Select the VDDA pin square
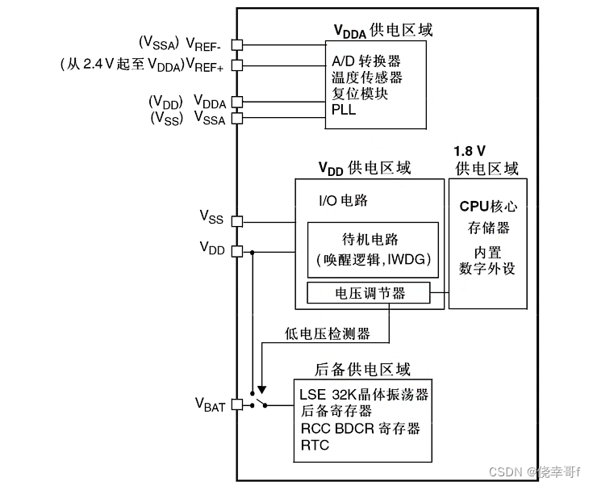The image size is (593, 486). click(236, 102)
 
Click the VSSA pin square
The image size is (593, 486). click(236, 119)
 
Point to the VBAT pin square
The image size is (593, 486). click(236, 404)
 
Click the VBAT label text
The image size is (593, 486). click(211, 404)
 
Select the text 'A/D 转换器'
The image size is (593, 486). click(365, 61)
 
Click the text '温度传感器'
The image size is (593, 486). click(366, 78)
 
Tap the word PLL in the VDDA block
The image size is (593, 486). click(344, 110)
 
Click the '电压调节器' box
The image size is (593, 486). click(369, 294)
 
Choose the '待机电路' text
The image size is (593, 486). click(371, 240)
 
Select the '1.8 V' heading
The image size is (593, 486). click(470, 152)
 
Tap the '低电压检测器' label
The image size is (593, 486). click(327, 333)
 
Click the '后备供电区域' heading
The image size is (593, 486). click(362, 369)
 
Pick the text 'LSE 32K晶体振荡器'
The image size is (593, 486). click(363, 395)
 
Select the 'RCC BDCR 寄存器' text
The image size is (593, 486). click(359, 429)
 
